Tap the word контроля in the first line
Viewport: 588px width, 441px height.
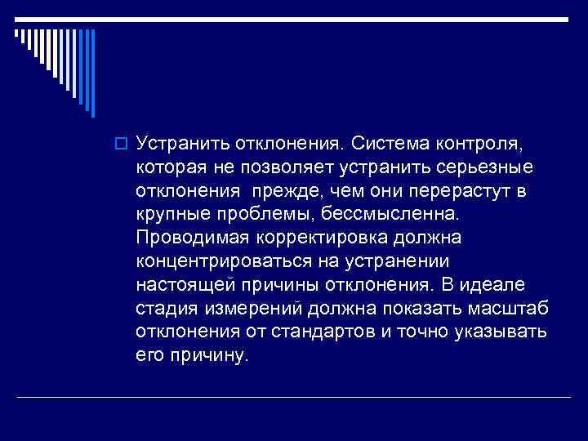coord(482,144)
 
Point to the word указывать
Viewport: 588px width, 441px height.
coord(506,333)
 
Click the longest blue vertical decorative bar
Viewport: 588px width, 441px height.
coord(92,73)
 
